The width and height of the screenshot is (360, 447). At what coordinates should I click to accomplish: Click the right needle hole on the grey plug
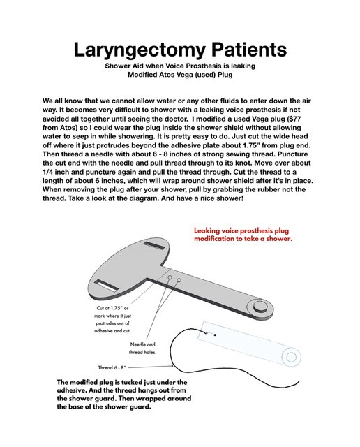point(179,279)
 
